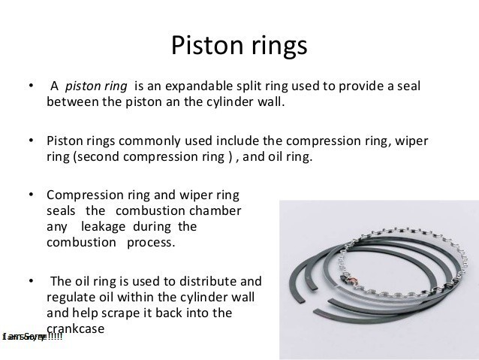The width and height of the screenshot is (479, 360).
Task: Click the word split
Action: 260,86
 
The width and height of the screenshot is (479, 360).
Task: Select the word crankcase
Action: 74,328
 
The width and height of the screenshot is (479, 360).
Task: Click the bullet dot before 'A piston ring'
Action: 31,86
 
